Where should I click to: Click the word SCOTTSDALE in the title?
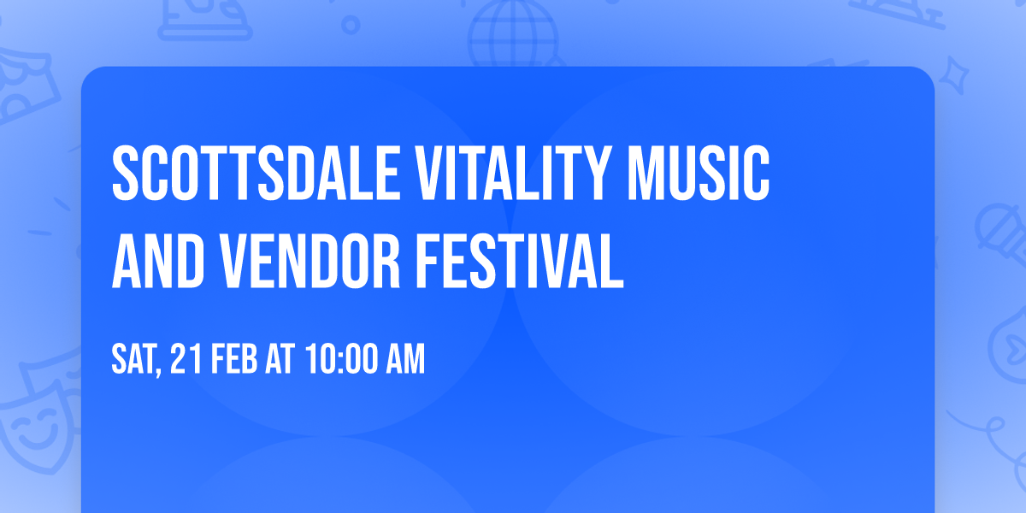pyautogui.click(x=249, y=174)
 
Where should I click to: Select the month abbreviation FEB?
pyautogui.click(x=232, y=360)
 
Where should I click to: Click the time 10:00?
pyautogui.click(x=341, y=360)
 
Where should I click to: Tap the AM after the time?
pyautogui.click(x=404, y=360)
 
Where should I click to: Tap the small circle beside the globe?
pyautogui.click(x=351, y=26)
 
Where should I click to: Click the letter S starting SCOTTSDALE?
pyautogui.click(x=126, y=174)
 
